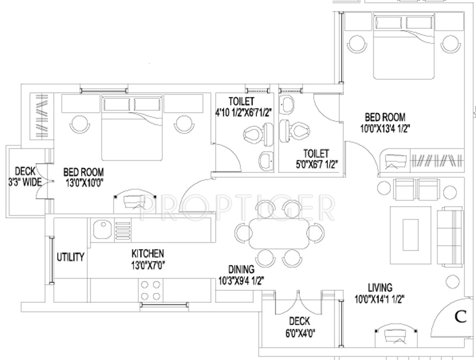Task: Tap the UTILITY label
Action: coord(70,257)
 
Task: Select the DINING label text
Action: coord(241,269)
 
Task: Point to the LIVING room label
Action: coord(380,288)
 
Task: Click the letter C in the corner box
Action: coord(460,317)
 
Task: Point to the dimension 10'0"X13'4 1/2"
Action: coord(385,127)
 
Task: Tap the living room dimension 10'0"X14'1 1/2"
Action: coord(380,299)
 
